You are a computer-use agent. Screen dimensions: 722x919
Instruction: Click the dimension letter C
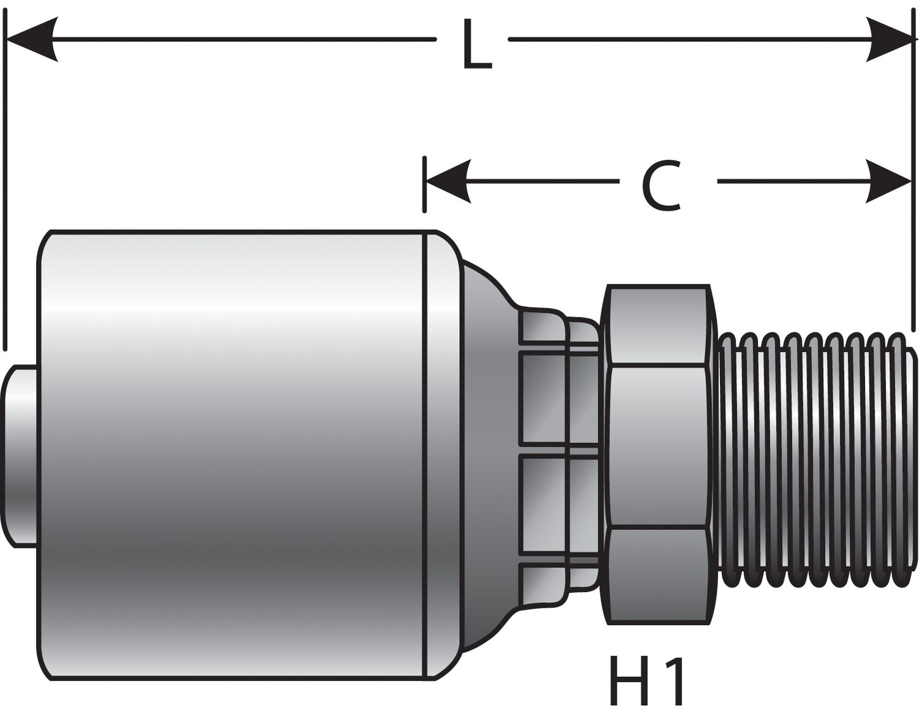pyautogui.click(x=661, y=186)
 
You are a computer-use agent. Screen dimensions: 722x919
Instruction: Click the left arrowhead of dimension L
pyautogui.click(x=32, y=39)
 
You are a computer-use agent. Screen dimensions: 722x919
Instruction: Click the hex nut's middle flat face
pyautogui.click(x=657, y=446)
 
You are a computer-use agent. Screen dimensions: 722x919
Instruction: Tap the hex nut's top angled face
pyautogui.click(x=657, y=326)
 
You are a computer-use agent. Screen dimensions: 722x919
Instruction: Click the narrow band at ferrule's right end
pyautogui.click(x=440, y=454)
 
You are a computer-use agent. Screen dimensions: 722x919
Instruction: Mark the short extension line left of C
pyautogui.click(x=424, y=184)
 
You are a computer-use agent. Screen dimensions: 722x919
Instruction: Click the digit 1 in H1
pyautogui.click(x=675, y=681)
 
